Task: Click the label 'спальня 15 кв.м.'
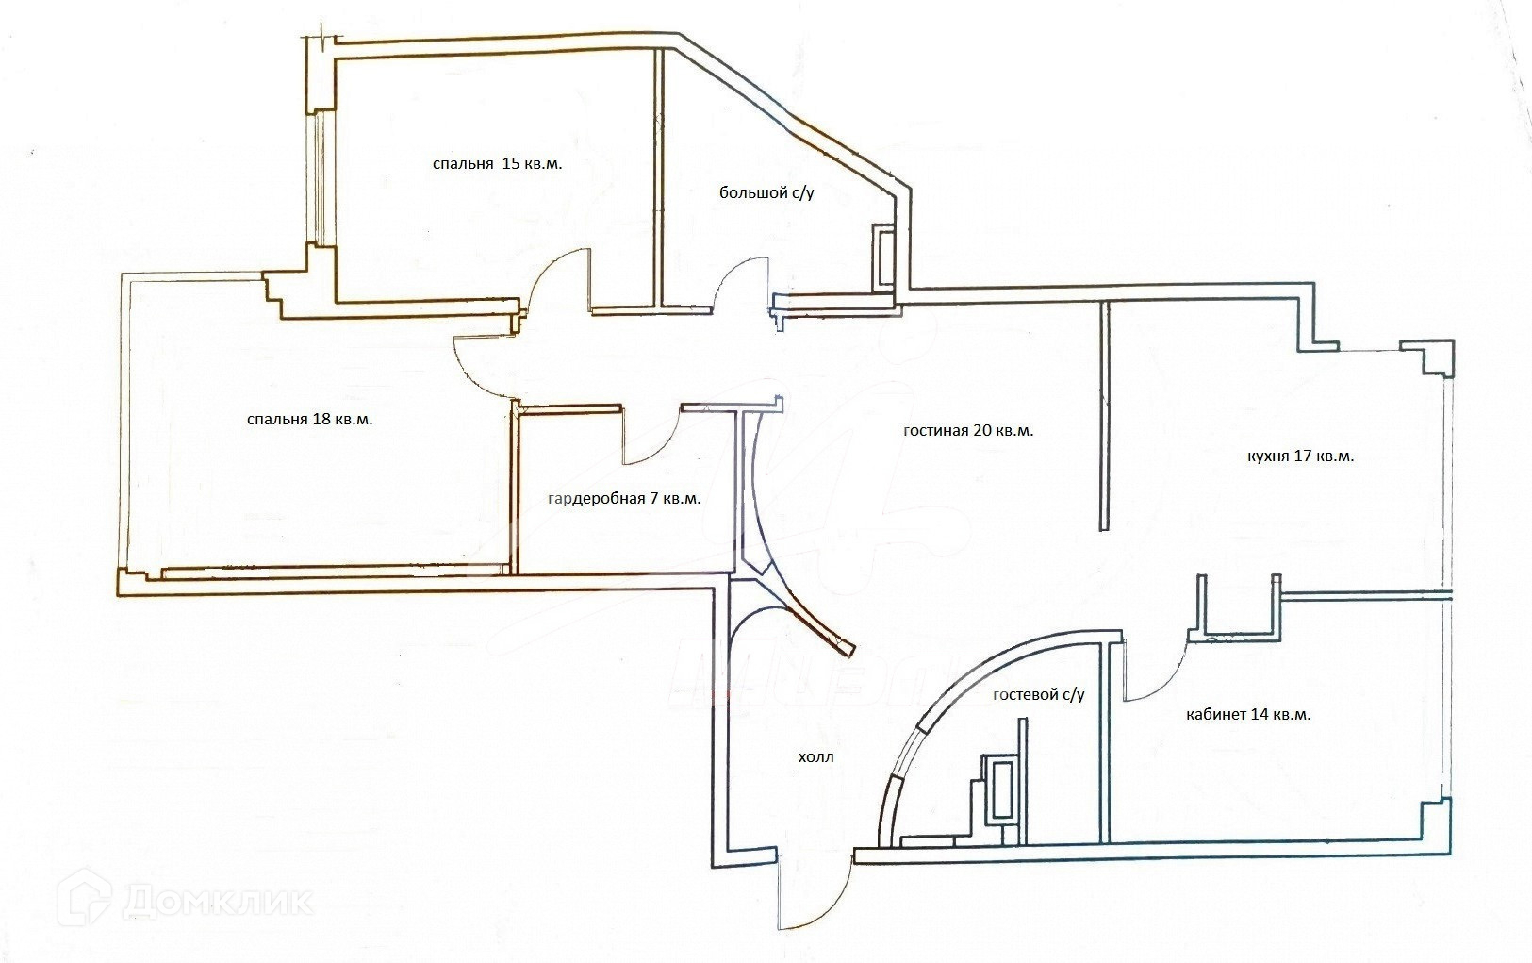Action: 497,164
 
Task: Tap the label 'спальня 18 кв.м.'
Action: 309,420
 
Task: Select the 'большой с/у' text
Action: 766,193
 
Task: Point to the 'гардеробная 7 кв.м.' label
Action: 624,498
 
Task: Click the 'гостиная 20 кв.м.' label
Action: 968,431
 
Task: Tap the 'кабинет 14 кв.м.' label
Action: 1248,714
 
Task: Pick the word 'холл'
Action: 815,757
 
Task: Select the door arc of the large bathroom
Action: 740,283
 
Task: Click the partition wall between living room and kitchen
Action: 1105,415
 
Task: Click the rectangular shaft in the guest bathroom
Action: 999,789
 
